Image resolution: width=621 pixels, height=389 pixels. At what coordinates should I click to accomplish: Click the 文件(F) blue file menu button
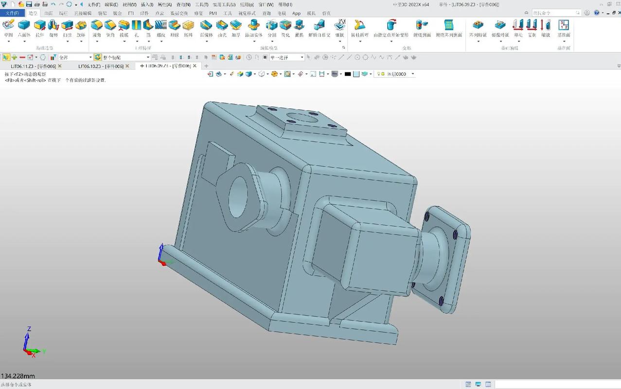point(12,13)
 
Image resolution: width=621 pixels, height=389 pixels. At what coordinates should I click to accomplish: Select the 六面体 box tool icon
point(24,26)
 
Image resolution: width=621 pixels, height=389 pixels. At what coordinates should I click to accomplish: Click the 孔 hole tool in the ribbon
point(137,26)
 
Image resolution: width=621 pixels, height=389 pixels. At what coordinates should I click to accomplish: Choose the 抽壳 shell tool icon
point(222,26)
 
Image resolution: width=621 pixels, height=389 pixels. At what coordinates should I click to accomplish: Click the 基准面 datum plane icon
point(564,26)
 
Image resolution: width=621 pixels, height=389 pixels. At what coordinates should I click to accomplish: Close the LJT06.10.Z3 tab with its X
point(127,66)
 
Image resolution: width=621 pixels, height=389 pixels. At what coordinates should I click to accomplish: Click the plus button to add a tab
point(206,66)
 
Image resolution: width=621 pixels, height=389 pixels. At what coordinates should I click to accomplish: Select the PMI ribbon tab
point(213,13)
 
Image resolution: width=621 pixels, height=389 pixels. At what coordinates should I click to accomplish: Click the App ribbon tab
point(297,13)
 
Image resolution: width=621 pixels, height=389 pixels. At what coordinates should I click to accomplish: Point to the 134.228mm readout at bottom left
point(18,376)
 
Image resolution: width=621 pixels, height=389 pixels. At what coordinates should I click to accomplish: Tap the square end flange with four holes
point(445,258)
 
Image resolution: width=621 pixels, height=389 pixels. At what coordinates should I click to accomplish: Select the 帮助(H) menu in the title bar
point(285,4)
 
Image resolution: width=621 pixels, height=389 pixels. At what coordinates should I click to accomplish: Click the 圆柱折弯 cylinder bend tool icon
point(360,26)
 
